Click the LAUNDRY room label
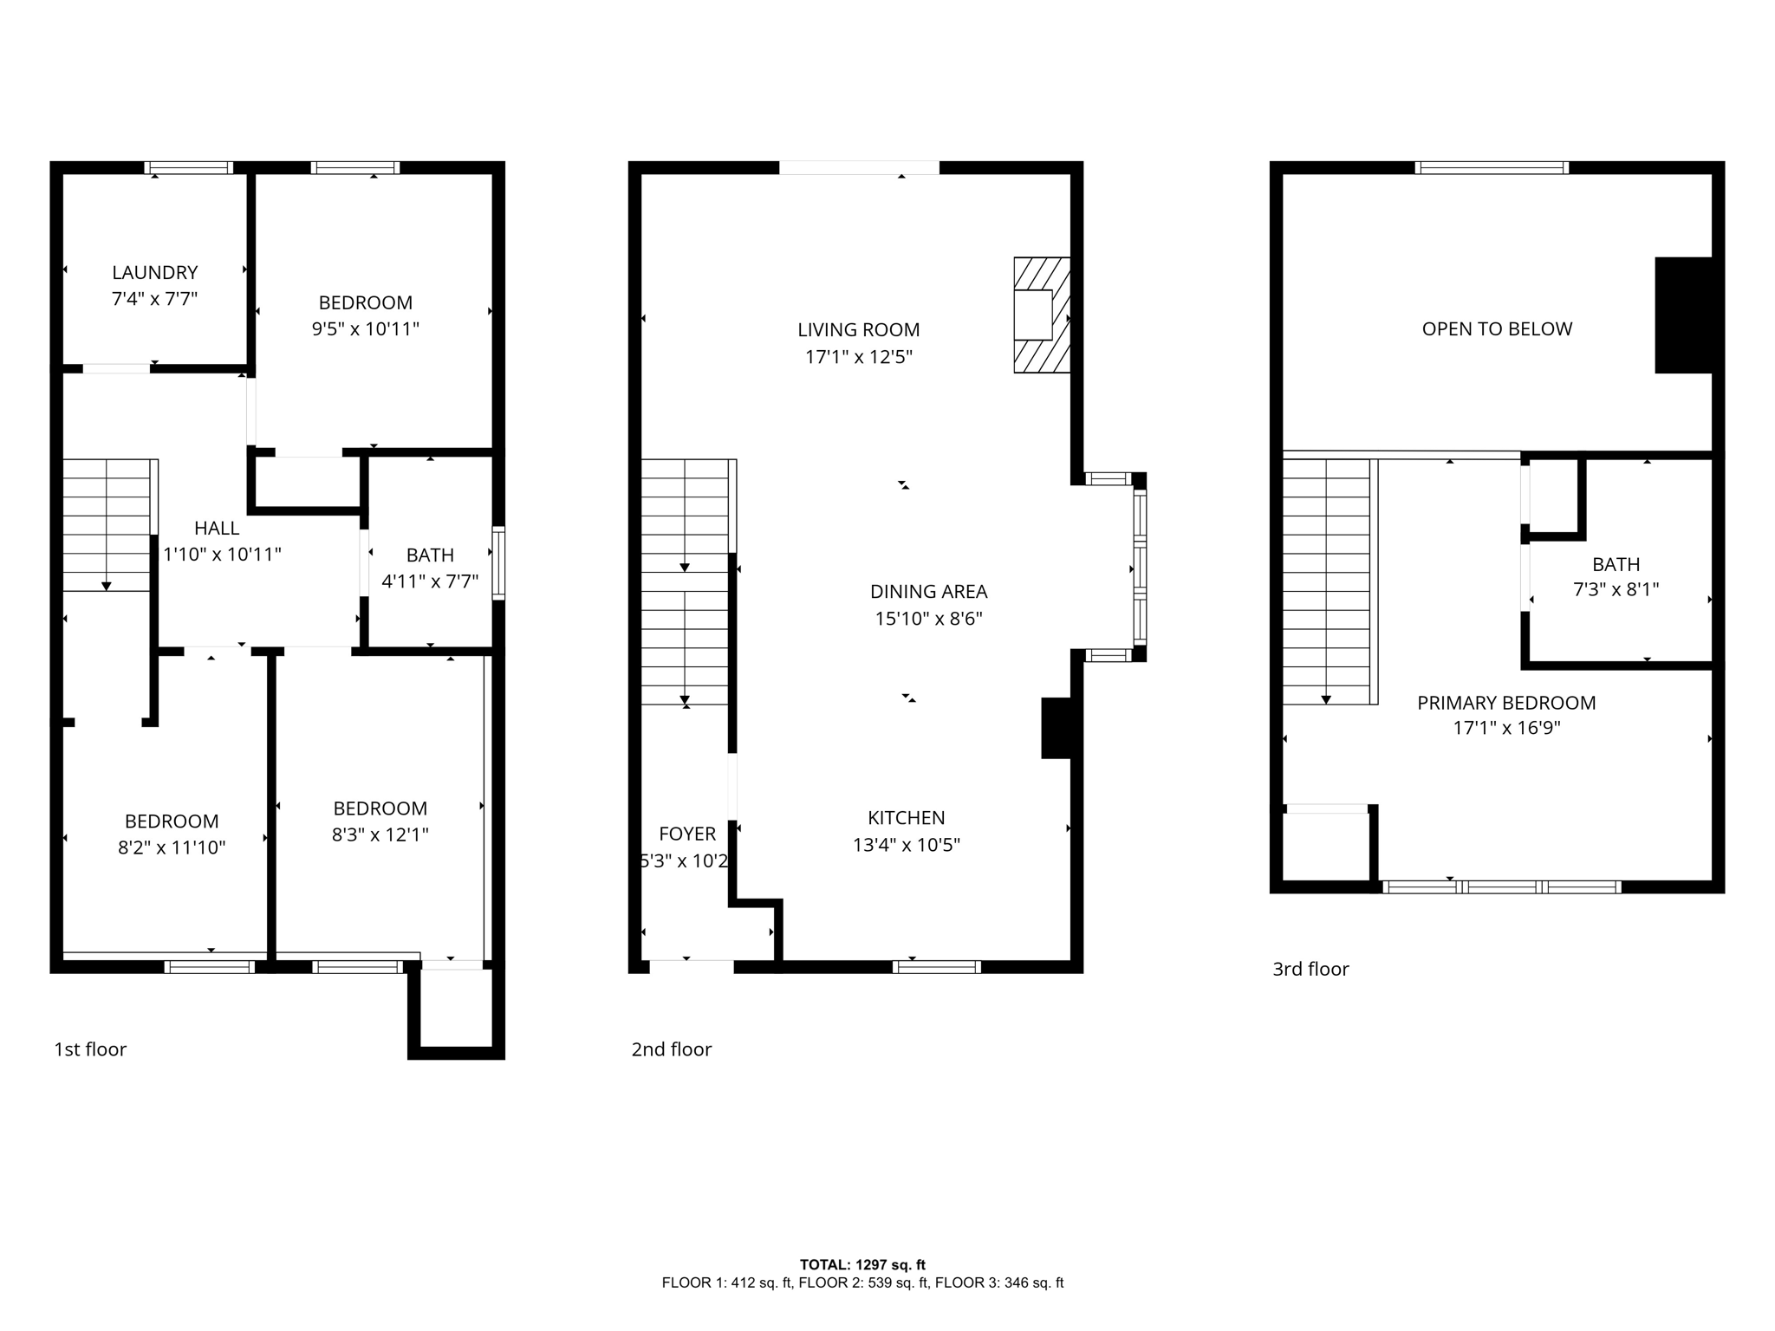point(155,273)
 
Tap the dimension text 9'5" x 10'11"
point(365,329)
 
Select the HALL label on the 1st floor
point(217,528)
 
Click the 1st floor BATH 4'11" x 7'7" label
point(430,568)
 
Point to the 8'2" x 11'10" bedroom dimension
point(172,847)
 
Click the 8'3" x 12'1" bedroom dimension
point(380,834)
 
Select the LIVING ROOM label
point(858,330)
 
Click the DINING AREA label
point(928,592)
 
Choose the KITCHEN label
point(906,818)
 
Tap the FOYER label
point(687,834)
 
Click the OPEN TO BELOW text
point(1497,329)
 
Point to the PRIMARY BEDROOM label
point(1506,703)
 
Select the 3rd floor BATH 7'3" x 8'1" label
point(1616,576)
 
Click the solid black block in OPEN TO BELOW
point(1683,315)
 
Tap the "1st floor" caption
point(90,1049)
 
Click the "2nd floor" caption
point(671,1049)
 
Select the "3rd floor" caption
point(1310,969)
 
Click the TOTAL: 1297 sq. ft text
point(862,1265)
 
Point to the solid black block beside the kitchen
point(1056,728)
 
